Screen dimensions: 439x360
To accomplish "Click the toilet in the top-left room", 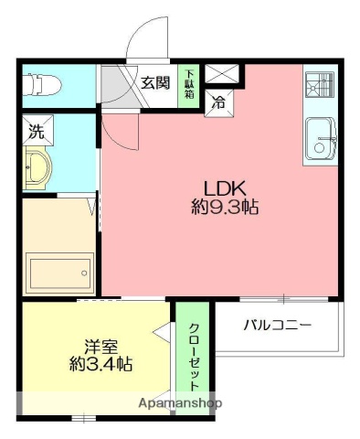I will click(42, 86).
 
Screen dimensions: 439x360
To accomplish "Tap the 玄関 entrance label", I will click(156, 83).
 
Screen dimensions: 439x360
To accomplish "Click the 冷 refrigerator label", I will click(219, 102).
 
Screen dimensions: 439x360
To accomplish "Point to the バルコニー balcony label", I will click(279, 325).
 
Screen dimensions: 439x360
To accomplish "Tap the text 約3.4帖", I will click(101, 364).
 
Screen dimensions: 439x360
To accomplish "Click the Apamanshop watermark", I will click(179, 403).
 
